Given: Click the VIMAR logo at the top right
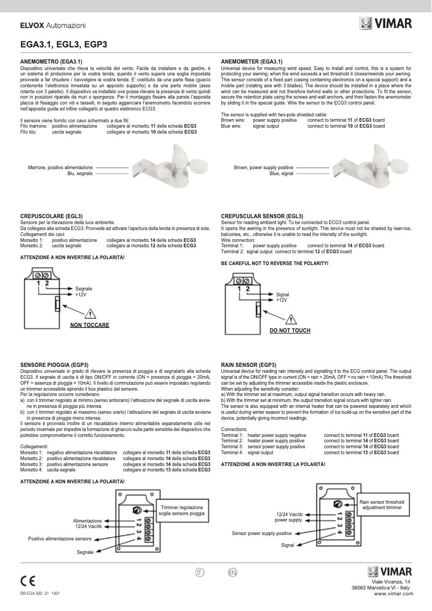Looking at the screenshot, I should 386,23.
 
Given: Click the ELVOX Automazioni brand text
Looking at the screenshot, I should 53,25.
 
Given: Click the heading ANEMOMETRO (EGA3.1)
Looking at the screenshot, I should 51,62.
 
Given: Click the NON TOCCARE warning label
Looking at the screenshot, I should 89,325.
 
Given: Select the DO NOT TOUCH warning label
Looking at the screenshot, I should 290,330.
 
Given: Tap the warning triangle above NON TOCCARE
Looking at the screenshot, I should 90,314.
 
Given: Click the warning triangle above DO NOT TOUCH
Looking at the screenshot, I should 290,318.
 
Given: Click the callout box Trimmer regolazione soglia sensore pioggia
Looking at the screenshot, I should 181,511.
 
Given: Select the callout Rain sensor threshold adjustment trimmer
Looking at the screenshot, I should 382,505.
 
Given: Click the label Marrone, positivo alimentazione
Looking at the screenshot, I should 60,168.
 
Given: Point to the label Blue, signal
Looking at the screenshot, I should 281,174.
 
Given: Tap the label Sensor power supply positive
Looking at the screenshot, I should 262,533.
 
